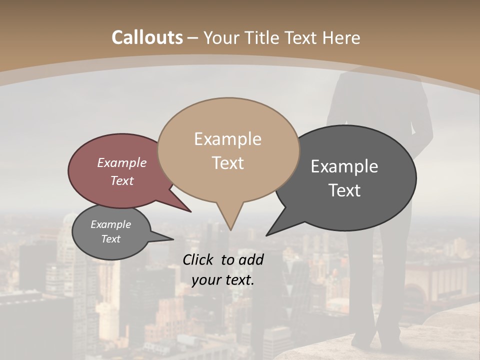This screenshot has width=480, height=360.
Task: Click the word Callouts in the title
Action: (x=147, y=37)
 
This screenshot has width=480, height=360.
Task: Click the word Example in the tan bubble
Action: (x=227, y=139)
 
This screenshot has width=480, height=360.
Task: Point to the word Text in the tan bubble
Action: (x=228, y=163)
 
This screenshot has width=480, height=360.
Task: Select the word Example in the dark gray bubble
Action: (x=344, y=166)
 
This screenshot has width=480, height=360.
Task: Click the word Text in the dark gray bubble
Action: (x=345, y=190)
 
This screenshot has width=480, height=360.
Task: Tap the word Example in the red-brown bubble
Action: (x=122, y=163)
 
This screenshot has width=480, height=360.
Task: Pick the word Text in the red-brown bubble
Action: (x=122, y=180)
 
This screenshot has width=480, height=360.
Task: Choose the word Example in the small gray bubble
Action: (x=111, y=224)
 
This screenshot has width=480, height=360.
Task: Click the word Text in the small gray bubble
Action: (x=111, y=239)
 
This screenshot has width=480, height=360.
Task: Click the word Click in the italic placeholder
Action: (x=198, y=260)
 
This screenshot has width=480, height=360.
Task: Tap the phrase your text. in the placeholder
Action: (x=223, y=280)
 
